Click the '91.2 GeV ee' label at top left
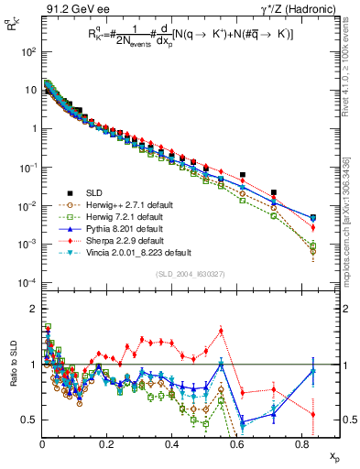(x=75, y=10)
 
